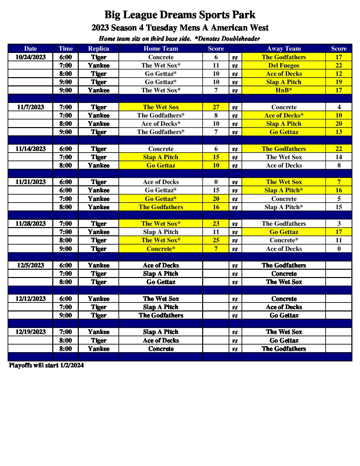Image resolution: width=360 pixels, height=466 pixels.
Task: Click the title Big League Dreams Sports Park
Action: point(180,15)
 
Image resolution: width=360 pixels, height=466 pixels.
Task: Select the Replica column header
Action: point(98,49)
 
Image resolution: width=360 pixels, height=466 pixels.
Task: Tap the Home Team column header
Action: point(160,49)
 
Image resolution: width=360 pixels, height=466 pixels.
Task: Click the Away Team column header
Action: point(284,49)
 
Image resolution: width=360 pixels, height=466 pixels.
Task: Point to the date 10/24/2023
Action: point(30,57)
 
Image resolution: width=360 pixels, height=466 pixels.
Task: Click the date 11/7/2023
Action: point(30,107)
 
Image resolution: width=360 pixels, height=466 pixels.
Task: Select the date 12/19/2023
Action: point(30,332)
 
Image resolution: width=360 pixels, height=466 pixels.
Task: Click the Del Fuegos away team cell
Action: point(284,66)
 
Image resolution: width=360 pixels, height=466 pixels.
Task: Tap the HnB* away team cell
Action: point(284,90)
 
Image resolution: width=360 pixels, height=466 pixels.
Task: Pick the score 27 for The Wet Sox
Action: point(216,107)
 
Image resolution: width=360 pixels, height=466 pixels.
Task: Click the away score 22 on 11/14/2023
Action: point(338,149)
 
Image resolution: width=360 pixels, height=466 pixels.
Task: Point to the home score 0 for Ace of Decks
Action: point(216,182)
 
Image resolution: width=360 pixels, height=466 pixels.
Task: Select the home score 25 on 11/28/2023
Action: point(216,240)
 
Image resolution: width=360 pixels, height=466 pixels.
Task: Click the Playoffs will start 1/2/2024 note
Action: point(46,365)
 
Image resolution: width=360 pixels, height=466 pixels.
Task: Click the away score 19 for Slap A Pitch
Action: point(338,82)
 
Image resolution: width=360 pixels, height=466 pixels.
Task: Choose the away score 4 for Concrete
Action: point(338,107)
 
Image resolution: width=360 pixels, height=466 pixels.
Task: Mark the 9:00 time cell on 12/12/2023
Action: point(66,315)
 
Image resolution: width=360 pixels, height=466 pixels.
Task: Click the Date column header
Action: point(30,49)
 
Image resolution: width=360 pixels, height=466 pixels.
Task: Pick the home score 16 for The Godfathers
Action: point(216,207)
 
